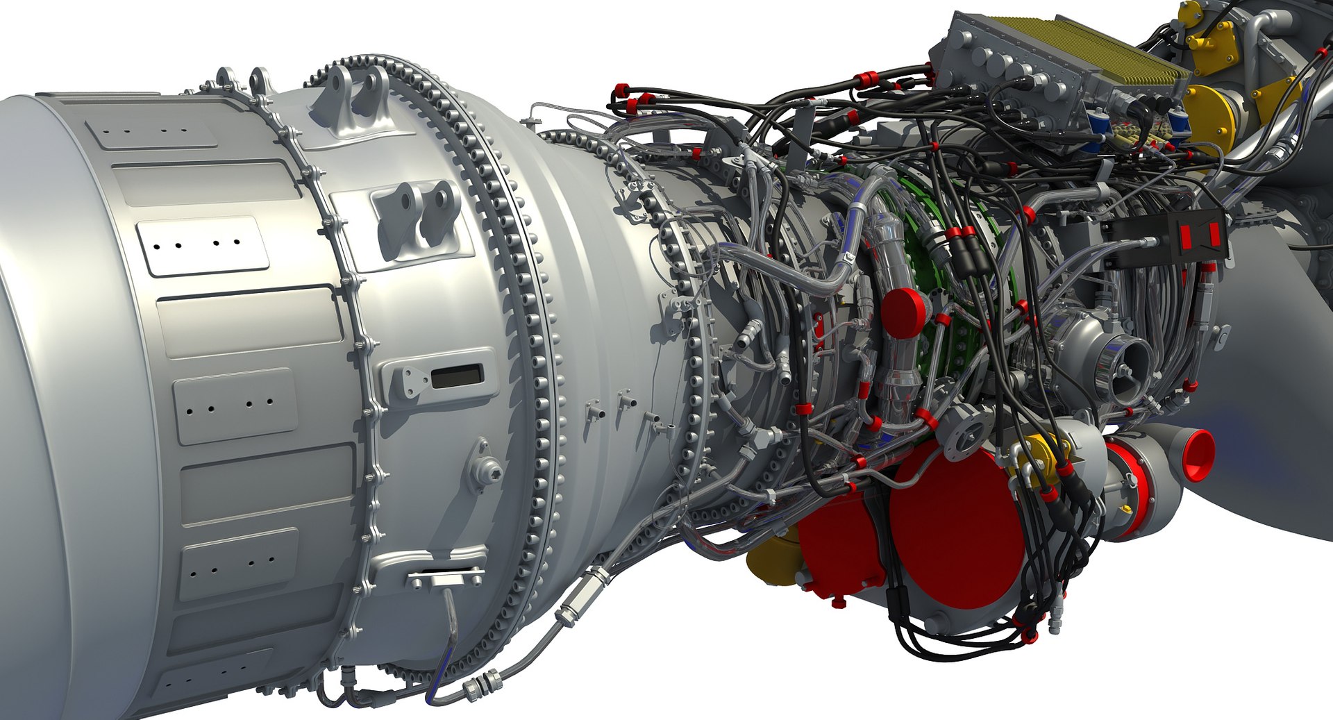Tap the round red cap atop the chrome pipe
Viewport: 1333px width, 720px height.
(x=903, y=313)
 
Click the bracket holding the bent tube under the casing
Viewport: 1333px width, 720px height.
(x=445, y=576)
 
